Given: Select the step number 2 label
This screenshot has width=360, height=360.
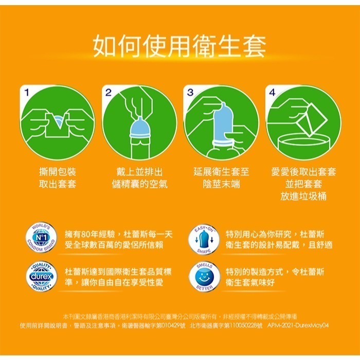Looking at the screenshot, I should [107, 92].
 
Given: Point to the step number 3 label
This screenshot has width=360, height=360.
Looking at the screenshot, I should [190, 92].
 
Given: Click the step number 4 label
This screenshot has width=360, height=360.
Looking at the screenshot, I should [272, 92].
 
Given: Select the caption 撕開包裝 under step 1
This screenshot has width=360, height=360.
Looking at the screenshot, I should [58, 172].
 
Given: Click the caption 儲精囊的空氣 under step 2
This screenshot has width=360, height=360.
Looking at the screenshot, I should [140, 184].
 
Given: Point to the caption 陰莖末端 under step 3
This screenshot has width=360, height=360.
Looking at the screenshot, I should [221, 184].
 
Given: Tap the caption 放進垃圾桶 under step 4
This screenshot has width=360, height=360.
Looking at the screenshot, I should [303, 196].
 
